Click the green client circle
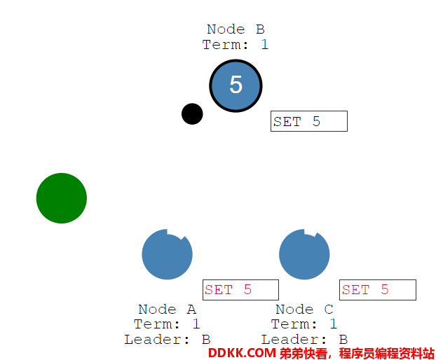point(62,198)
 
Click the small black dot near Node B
point(192,114)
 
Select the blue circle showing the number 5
point(236,86)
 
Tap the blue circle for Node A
point(167,254)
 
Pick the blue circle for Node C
point(304,254)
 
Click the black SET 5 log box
point(309,121)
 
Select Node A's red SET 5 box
point(241,290)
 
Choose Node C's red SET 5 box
point(378,290)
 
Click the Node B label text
point(236,29)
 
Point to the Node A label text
point(167,309)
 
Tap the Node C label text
point(304,309)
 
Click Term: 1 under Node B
point(236,44)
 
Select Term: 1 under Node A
point(167,324)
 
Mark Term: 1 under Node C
point(304,324)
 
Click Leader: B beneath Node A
point(167,340)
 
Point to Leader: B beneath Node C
point(304,340)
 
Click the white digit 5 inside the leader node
point(236,84)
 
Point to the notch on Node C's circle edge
point(311,233)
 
